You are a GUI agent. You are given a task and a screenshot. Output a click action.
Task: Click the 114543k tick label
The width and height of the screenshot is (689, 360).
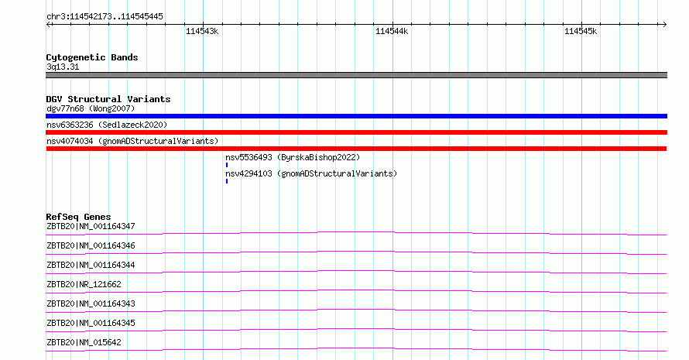pyautogui.click(x=202, y=31)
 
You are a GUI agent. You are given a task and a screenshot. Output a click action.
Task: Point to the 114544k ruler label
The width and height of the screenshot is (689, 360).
pyautogui.click(x=392, y=31)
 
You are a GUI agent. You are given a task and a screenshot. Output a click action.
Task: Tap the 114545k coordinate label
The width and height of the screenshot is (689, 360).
pyautogui.click(x=581, y=31)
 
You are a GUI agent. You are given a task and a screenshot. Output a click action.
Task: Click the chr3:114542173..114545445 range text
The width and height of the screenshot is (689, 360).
pyautogui.click(x=105, y=16)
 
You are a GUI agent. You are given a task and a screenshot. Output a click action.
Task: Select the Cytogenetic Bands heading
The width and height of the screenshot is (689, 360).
pyautogui.click(x=92, y=57)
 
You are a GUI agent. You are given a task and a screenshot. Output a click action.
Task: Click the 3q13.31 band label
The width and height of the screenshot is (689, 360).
pyautogui.click(x=63, y=67)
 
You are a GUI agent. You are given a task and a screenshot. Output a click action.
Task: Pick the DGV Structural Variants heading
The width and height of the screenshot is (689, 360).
pyautogui.click(x=108, y=99)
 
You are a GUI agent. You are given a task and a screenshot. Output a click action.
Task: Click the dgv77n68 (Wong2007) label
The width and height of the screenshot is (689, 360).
pyautogui.click(x=91, y=108)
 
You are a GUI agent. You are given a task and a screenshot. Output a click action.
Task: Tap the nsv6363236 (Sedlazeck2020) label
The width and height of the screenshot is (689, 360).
pyautogui.click(x=107, y=125)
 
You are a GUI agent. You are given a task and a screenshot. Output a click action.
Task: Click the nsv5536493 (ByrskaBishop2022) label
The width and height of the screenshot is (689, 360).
pyautogui.click(x=293, y=157)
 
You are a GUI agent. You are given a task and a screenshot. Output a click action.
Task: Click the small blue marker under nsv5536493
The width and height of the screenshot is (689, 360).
pyautogui.click(x=227, y=165)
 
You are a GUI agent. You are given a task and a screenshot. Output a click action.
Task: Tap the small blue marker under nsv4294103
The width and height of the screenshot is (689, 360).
pyautogui.click(x=227, y=181)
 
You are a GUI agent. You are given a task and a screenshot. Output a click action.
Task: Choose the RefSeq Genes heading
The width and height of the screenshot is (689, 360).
pyautogui.click(x=78, y=217)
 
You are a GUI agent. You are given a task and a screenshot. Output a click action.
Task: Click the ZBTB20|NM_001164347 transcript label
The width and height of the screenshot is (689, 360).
pyautogui.click(x=91, y=226)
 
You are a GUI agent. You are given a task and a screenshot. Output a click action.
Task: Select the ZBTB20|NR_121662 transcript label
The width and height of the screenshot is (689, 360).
pyautogui.click(x=84, y=284)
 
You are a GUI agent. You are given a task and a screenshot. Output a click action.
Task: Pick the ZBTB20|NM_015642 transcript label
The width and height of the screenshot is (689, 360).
pyautogui.click(x=84, y=342)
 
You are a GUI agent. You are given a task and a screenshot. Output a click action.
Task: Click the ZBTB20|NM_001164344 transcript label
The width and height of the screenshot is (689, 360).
pyautogui.click(x=91, y=265)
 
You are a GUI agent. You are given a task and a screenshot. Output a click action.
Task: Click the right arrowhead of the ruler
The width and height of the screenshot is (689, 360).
pyautogui.click(x=666, y=24)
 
